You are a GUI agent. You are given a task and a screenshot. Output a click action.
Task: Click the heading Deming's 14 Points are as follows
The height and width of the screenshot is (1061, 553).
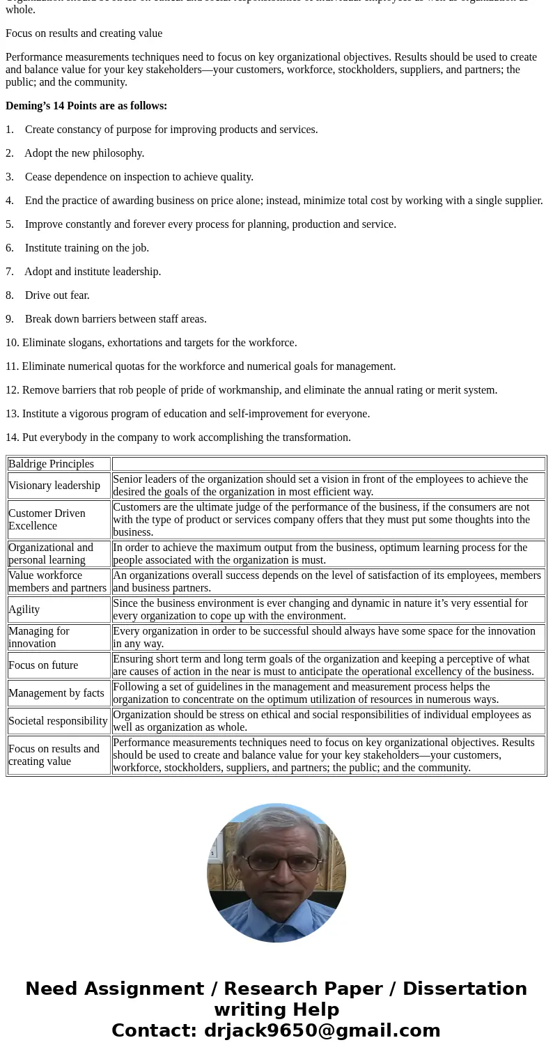pyautogui.click(x=86, y=106)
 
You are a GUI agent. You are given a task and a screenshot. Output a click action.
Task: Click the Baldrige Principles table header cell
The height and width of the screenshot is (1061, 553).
pyautogui.click(x=52, y=464)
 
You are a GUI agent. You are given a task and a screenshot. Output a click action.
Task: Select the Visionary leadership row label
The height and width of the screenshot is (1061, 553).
pyautogui.click(x=54, y=486)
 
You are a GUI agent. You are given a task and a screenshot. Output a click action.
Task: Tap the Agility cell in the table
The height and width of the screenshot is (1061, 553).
pyautogui.click(x=24, y=610)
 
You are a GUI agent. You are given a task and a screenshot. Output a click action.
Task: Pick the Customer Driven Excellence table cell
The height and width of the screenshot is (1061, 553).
pyautogui.click(x=47, y=520)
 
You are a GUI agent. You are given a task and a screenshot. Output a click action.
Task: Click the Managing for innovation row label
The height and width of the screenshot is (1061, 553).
pyautogui.click(x=39, y=637)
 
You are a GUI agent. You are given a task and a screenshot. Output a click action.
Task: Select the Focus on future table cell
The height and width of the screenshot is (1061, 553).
pyautogui.click(x=43, y=665)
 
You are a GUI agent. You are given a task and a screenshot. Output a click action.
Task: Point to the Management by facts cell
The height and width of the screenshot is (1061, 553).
pyautogui.click(x=56, y=693)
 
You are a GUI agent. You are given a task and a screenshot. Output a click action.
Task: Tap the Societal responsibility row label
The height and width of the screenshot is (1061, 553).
pyautogui.click(x=58, y=721)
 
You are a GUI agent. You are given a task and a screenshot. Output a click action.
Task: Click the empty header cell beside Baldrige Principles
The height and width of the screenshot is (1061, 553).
pyautogui.click(x=328, y=464)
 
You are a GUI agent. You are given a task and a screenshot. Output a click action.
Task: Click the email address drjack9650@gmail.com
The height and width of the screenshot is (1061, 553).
pyautogui.click(x=322, y=1031)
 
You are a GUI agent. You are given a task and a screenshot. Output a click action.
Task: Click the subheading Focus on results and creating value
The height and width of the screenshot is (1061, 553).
pyautogui.click(x=84, y=33)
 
